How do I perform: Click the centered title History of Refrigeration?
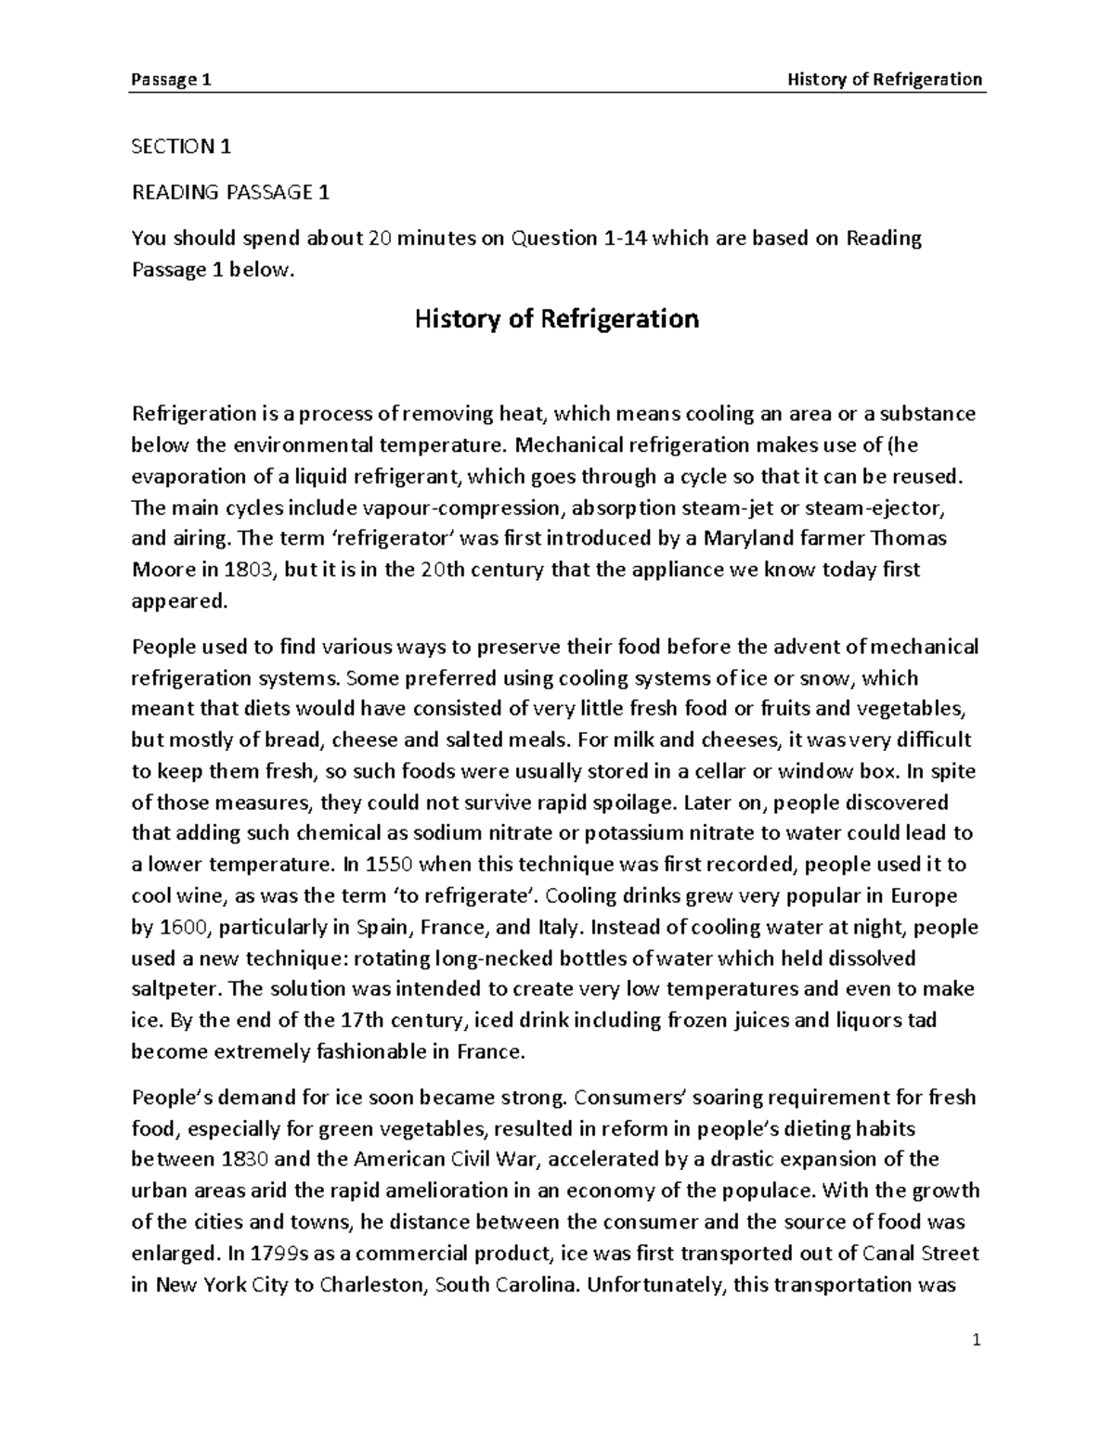556,319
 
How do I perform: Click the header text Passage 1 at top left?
172,80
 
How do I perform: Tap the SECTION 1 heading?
181,146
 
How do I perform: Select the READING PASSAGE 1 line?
230,192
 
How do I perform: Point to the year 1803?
254,570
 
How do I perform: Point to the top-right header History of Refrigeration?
884,80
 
